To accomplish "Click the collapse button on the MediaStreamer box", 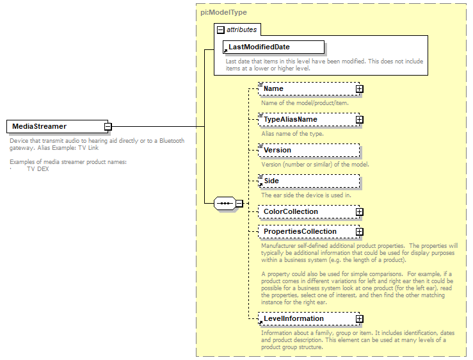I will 109,127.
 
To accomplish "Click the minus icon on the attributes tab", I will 221,29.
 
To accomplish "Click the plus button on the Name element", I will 360,89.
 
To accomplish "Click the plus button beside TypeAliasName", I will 360,120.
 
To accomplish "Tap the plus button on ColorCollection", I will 360,212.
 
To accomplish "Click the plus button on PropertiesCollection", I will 360,232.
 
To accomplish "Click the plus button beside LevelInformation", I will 360,319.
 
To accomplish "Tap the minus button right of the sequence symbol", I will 239,204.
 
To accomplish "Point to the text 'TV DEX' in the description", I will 38,169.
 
